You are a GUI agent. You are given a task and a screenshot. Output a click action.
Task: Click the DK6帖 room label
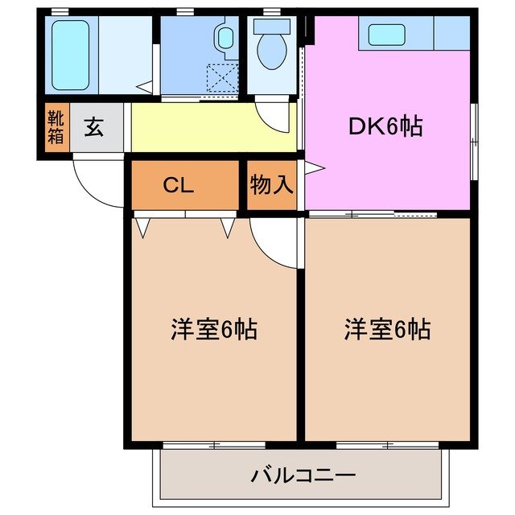point(385,126)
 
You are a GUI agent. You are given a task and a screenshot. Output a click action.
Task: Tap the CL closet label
point(178,186)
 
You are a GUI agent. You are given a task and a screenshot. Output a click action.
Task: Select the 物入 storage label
point(271,186)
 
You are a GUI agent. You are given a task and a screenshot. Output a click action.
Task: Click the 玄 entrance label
point(95,127)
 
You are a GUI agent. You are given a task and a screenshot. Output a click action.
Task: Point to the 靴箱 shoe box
point(55,127)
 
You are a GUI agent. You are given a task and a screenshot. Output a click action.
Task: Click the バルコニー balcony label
point(303,475)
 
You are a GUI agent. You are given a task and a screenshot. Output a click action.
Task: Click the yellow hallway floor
point(212,127)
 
